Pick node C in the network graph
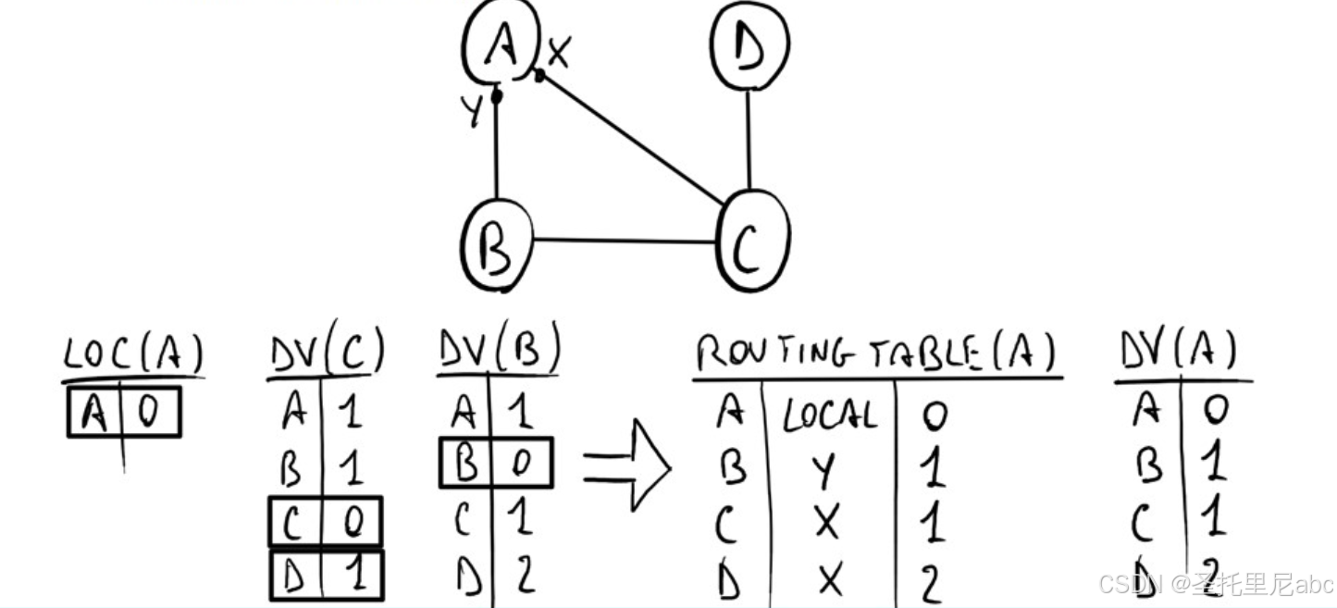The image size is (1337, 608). click(x=752, y=241)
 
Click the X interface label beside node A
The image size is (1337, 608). click(x=558, y=53)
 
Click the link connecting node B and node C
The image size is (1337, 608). click(x=625, y=242)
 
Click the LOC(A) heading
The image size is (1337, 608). click(x=133, y=354)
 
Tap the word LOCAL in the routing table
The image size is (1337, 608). click(x=829, y=417)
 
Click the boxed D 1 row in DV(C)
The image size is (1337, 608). click(x=326, y=577)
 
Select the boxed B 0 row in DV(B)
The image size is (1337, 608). click(x=495, y=464)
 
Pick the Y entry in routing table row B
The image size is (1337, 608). click(x=824, y=472)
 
